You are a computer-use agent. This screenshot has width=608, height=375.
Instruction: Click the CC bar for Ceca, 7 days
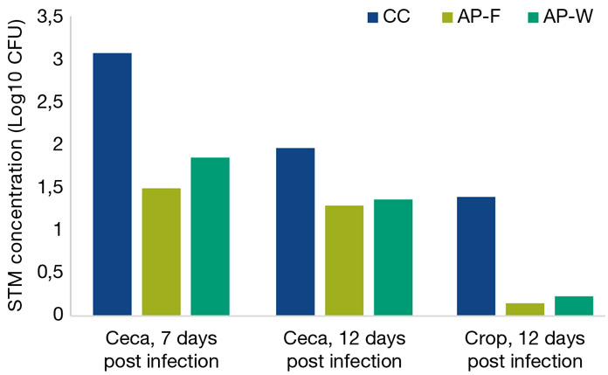point(112,184)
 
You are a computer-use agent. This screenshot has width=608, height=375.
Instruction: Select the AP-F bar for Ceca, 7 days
point(161,251)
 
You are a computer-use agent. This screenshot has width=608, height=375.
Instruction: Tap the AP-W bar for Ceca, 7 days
point(210,236)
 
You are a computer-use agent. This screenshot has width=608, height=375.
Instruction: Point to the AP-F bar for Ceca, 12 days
point(344,260)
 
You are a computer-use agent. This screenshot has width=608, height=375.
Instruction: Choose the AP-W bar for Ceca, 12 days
point(393,257)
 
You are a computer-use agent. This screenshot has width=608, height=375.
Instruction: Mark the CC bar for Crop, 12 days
point(476,255)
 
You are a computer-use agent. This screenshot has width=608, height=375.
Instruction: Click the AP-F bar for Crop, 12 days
point(525,309)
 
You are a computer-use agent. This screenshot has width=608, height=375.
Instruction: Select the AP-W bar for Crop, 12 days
point(574,305)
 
